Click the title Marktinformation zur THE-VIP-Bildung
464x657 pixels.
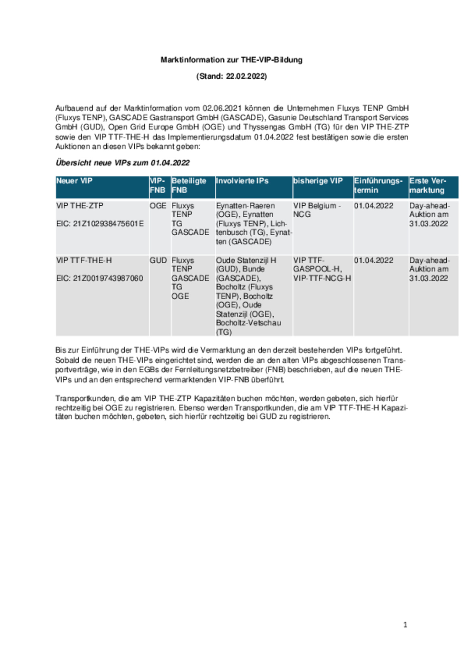[x=231, y=60]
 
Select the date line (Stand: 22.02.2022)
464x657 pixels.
[x=231, y=76]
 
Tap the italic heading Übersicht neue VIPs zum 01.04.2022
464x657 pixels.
[x=122, y=163]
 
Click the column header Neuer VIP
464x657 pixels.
[x=74, y=181]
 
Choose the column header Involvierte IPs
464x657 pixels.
[x=242, y=181]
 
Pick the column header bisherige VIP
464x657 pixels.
[x=318, y=181]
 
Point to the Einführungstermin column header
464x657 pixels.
[x=378, y=185]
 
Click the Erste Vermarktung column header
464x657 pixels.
[x=427, y=185]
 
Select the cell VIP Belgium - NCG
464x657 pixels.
[x=317, y=210]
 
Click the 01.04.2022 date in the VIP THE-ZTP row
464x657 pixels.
[x=373, y=206]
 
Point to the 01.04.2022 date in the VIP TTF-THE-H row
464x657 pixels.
[x=373, y=260]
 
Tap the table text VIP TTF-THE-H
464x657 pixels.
[x=84, y=260]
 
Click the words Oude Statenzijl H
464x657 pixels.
[x=246, y=260]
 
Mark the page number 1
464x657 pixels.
[x=405, y=625]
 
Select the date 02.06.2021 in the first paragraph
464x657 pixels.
[x=222, y=108]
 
